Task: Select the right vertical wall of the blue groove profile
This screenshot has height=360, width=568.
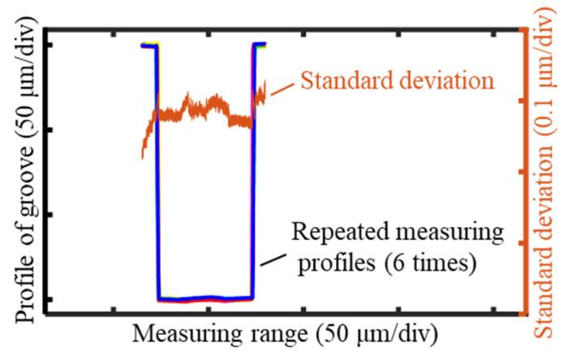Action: tap(254, 170)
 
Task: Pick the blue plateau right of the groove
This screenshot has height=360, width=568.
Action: tap(260, 45)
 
